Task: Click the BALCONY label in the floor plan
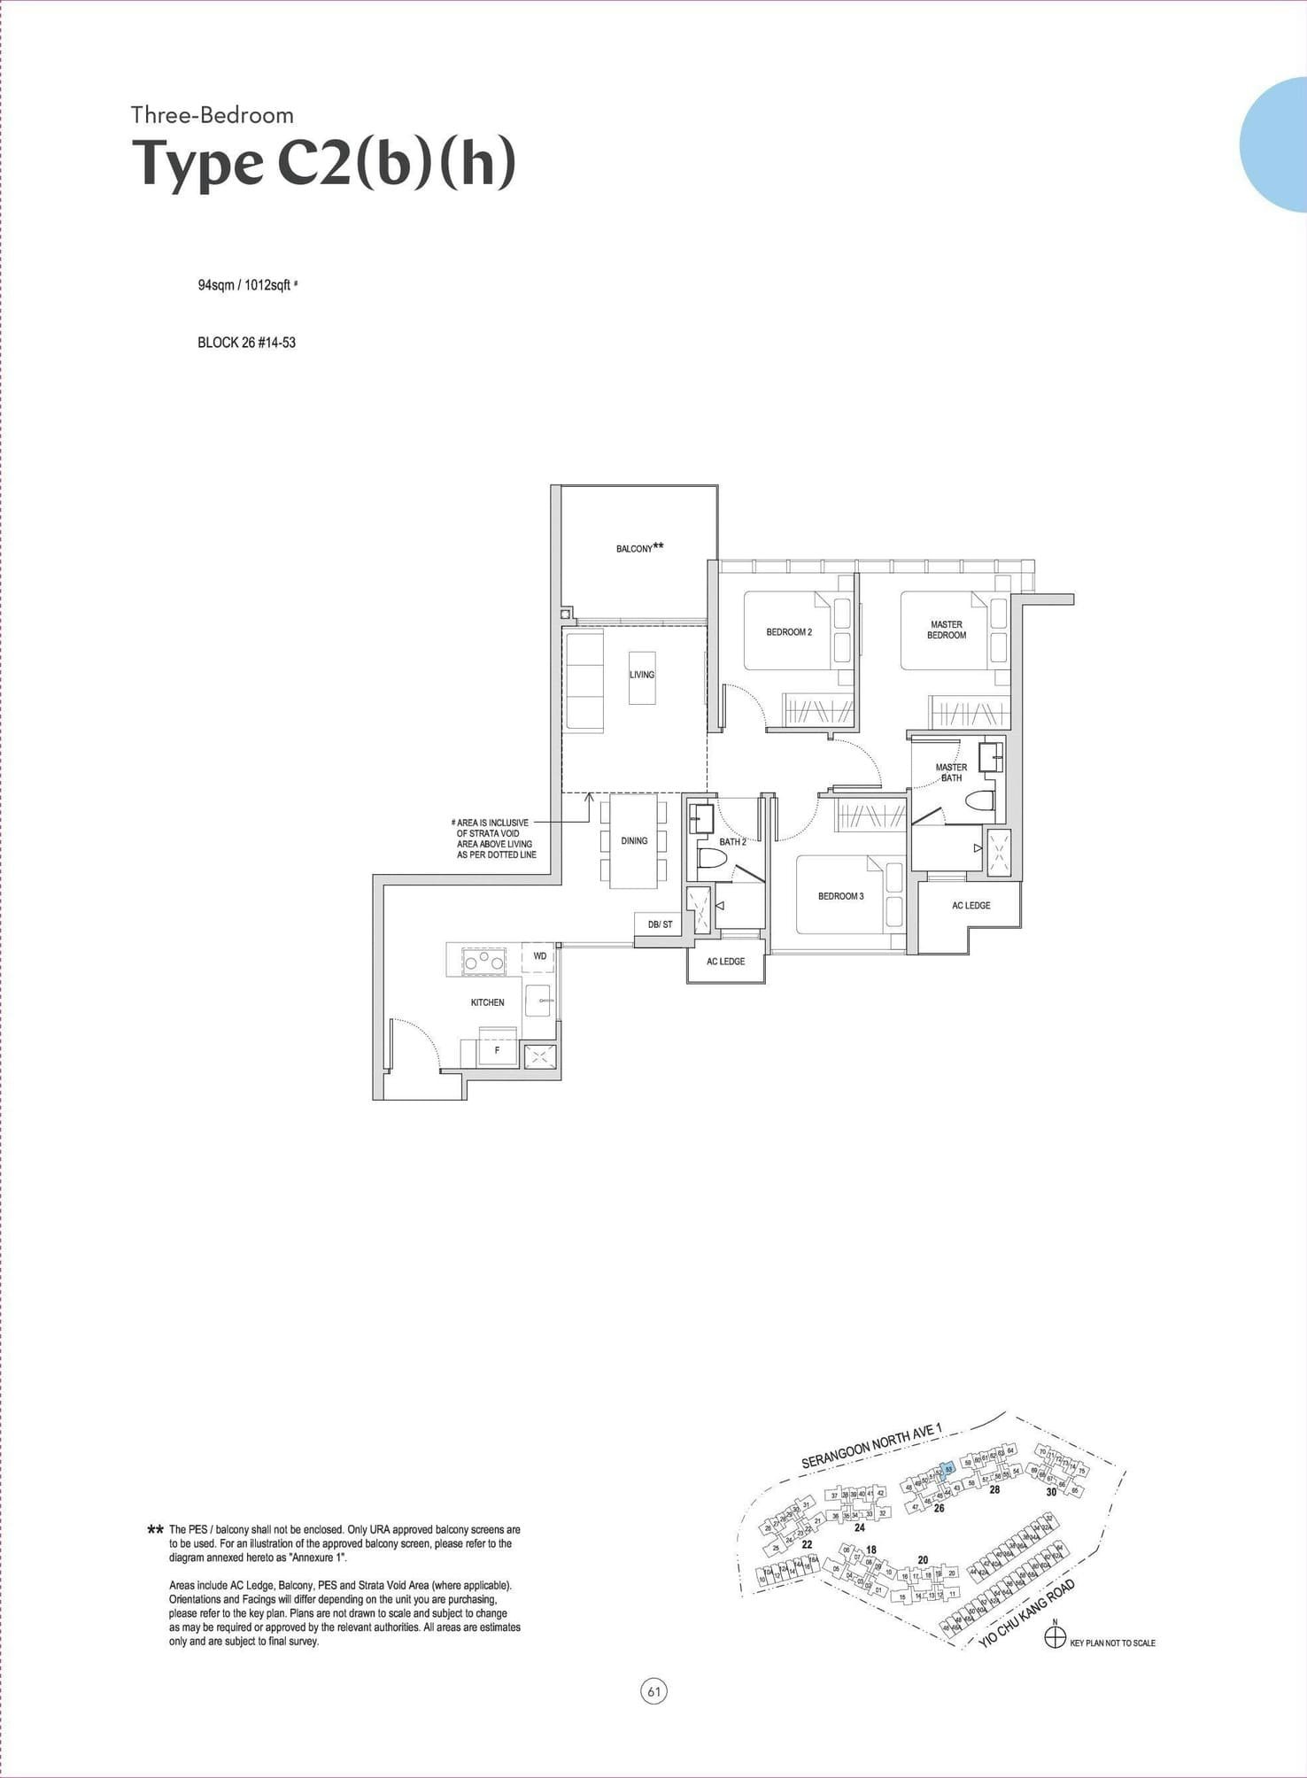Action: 636,549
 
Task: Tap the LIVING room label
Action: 642,675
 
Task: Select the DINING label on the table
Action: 634,840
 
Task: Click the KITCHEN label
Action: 487,1002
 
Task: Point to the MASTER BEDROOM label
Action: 947,630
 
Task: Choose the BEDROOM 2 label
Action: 789,632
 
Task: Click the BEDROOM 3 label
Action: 840,896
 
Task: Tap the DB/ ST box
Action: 660,924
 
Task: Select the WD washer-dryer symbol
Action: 539,956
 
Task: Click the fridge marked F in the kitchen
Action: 497,1050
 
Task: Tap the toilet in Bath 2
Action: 712,859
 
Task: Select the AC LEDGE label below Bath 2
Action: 725,962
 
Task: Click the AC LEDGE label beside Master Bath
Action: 971,906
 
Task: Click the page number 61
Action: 653,1692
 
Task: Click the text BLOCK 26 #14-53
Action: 246,343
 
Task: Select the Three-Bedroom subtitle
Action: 213,115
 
